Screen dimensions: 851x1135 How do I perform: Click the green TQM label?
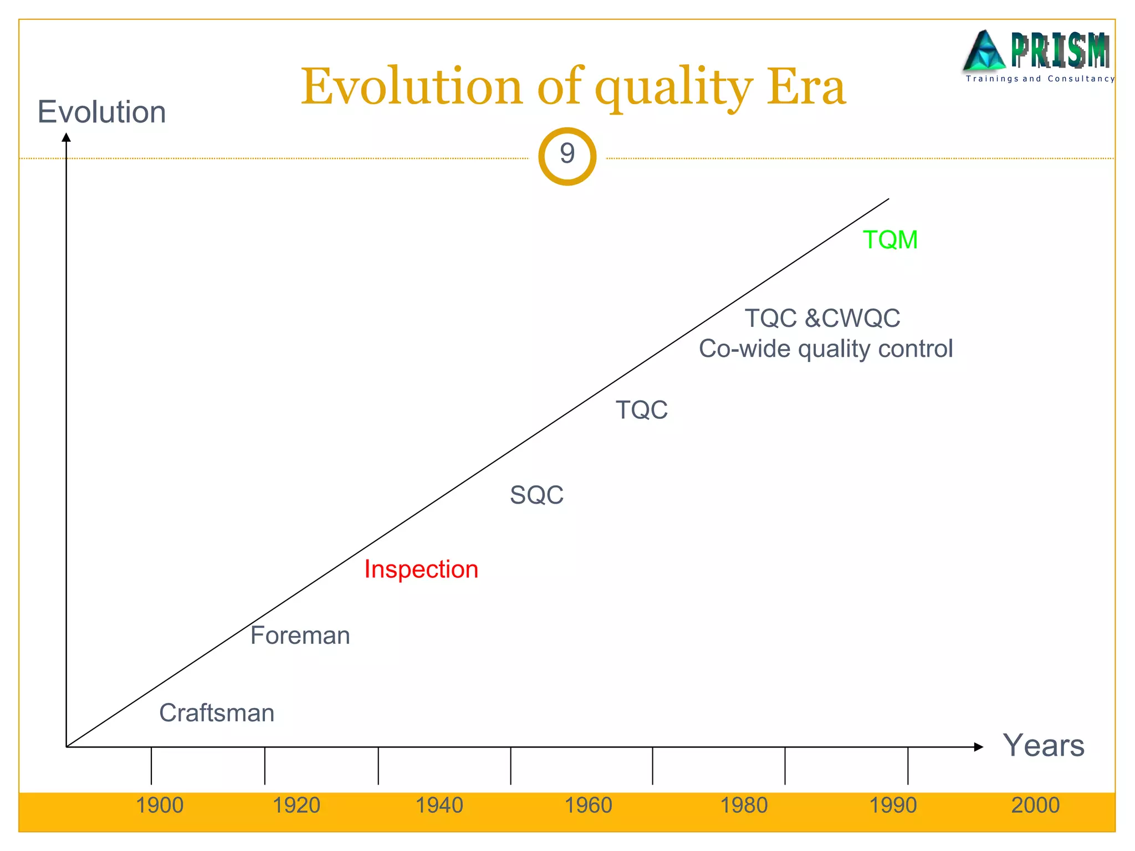[890, 240]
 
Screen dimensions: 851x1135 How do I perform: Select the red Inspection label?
[421, 570]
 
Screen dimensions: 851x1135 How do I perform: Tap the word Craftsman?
[217, 713]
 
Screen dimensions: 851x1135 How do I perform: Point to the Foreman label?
[300, 635]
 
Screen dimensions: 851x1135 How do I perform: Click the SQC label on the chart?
[536, 495]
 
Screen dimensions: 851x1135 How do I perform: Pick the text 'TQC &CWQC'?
[822, 319]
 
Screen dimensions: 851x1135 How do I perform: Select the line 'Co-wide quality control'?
[826, 349]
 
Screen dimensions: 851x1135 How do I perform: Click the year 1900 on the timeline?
[160, 805]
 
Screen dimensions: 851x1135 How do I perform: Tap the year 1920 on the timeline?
[296, 805]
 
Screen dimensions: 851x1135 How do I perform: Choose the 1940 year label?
[439, 805]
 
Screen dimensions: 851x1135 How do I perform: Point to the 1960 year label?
[588, 805]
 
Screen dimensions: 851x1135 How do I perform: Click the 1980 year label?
[744, 805]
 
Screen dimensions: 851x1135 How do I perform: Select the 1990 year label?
[893, 805]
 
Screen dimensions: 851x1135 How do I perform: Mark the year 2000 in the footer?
[1035, 805]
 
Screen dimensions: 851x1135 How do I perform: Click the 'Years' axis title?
[1044, 745]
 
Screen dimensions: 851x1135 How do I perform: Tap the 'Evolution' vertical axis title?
[101, 112]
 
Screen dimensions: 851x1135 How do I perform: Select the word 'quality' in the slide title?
[674, 88]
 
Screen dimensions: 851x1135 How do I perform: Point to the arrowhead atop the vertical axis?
[67, 137]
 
